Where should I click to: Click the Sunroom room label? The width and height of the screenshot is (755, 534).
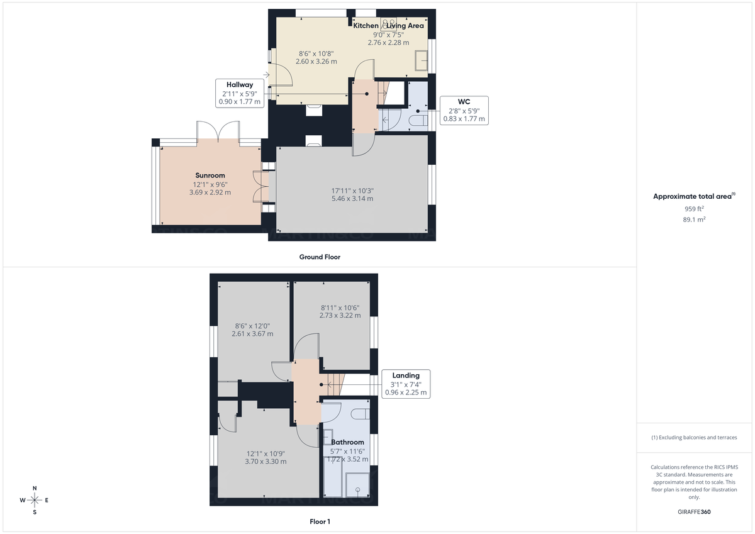(210, 175)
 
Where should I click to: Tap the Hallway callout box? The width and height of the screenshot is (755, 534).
(240, 93)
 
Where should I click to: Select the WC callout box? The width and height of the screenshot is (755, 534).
(464, 110)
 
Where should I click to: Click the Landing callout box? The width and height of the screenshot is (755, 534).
(406, 384)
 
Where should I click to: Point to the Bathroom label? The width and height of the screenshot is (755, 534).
(347, 442)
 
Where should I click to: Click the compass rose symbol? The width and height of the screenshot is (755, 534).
(35, 500)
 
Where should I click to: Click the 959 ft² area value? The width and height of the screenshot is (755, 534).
(694, 209)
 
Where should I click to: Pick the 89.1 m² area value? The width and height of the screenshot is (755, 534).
(694, 220)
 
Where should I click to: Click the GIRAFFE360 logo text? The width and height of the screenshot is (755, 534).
(694, 512)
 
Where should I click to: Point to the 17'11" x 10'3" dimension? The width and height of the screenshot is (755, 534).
(352, 191)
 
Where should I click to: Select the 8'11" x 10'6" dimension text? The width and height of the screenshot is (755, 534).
(340, 308)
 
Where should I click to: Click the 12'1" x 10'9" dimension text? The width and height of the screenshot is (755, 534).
(266, 453)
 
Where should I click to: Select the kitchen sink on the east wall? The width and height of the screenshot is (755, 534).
(421, 62)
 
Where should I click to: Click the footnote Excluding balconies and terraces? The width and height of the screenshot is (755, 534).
(694, 437)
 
